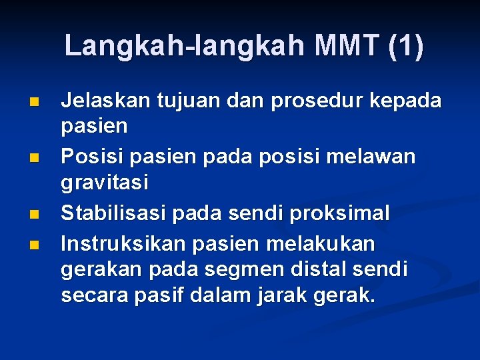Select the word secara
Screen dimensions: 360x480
[91, 295]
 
